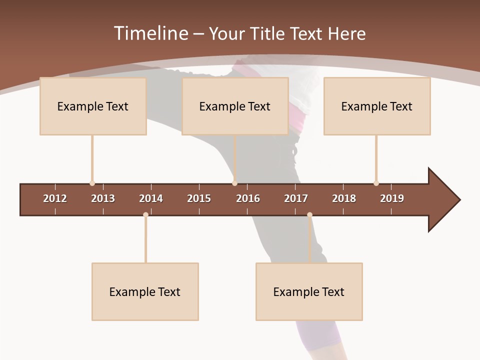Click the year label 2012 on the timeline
[x=55, y=198]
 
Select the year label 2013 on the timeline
[x=103, y=198]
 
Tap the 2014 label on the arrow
[x=151, y=198]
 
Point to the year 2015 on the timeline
[x=199, y=198]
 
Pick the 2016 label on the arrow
[x=248, y=198]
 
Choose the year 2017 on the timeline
[x=296, y=198]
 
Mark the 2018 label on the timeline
[x=344, y=198]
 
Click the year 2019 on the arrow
[x=392, y=198]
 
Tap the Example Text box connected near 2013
[x=93, y=106]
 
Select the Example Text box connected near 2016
[x=235, y=106]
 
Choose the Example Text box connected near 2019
[x=377, y=106]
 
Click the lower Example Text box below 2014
[x=145, y=291]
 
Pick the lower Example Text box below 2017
[x=309, y=291]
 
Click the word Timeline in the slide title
[x=150, y=33]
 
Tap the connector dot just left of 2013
[x=92, y=183]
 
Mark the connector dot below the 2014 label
[x=145, y=214]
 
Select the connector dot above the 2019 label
[x=376, y=183]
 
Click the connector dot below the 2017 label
[x=309, y=214]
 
